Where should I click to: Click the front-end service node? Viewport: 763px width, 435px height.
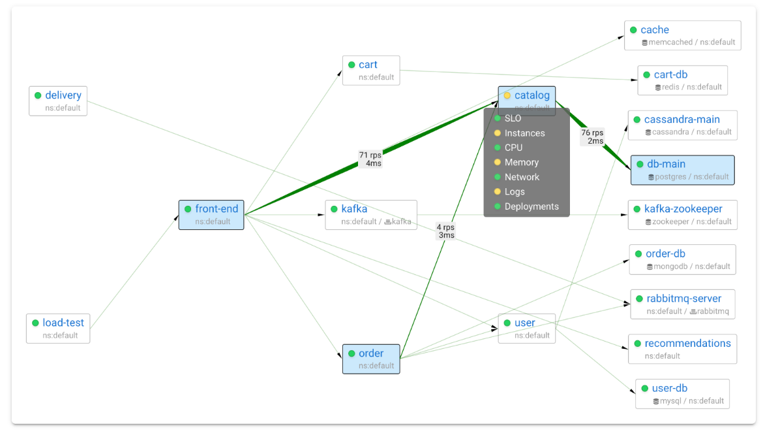click(211, 215)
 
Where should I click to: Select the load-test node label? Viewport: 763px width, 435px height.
click(63, 323)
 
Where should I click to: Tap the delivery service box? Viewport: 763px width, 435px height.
click(58, 101)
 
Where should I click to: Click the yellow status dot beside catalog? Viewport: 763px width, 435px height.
click(507, 95)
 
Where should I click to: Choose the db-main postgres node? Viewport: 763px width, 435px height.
click(682, 170)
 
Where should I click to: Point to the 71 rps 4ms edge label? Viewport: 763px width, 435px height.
click(370, 159)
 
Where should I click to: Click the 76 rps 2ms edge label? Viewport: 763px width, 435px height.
click(592, 137)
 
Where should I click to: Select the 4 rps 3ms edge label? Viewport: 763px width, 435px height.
click(445, 231)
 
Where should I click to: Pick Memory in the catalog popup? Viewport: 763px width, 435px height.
click(522, 162)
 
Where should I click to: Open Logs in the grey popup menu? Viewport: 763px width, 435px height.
click(515, 191)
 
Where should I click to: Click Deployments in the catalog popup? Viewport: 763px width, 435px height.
click(531, 206)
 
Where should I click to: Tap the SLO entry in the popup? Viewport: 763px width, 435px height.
click(513, 118)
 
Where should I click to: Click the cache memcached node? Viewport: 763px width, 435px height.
click(683, 35)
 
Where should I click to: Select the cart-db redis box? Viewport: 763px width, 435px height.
click(683, 80)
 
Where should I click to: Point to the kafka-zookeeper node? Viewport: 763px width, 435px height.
click(683, 215)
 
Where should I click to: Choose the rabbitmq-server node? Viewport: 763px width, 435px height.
click(683, 304)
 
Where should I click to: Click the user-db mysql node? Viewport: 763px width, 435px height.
click(682, 394)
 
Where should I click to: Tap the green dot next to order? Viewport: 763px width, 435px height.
click(352, 353)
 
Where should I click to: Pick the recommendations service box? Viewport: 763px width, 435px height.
click(683, 349)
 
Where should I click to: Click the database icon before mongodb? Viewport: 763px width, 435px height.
click(650, 267)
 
